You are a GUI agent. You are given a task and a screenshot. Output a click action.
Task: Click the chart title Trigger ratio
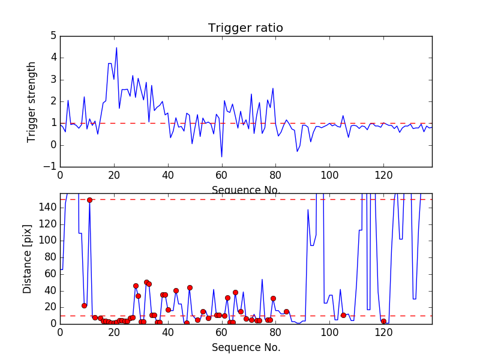245,28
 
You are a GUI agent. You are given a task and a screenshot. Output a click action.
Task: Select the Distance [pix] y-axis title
28,259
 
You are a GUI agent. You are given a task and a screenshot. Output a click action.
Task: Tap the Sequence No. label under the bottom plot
246,347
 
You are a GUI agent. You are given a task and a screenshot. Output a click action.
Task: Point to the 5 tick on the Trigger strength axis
53,36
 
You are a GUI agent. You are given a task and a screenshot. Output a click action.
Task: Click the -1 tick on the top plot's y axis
51,167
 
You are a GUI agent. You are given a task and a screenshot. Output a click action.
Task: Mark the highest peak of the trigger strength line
116,47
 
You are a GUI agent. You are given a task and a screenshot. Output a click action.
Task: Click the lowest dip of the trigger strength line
221,157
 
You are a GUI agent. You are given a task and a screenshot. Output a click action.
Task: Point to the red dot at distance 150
89,200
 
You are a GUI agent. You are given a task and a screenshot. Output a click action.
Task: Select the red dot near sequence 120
383,321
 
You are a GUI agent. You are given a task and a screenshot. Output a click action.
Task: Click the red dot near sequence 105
343,315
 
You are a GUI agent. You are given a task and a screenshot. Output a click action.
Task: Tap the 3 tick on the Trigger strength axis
53,80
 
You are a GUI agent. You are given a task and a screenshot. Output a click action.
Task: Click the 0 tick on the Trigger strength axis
53,145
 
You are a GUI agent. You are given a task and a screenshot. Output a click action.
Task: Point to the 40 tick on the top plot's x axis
168,175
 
